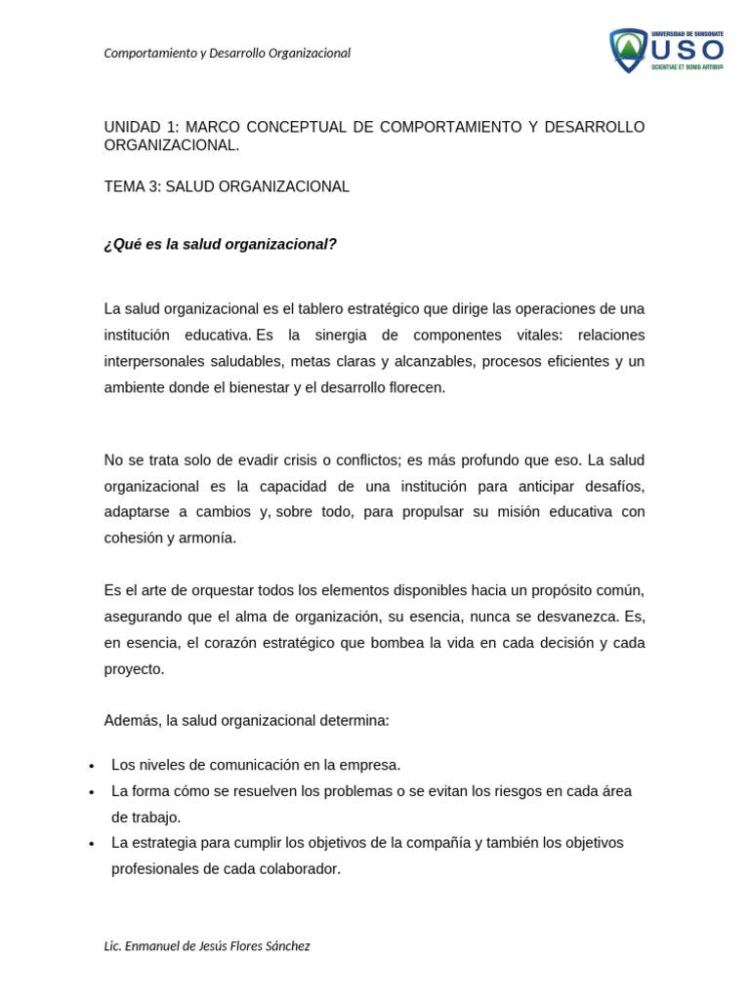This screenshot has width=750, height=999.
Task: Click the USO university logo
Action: [667, 50]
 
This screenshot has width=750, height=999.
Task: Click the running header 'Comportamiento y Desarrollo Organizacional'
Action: [227, 54]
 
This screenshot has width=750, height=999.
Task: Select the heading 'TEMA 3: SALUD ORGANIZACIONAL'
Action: [227, 186]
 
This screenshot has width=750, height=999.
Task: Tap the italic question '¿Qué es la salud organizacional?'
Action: [220, 244]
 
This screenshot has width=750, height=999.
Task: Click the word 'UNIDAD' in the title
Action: [134, 127]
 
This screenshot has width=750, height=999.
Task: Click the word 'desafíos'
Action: [615, 486]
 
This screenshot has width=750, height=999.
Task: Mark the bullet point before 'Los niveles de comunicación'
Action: [91, 766]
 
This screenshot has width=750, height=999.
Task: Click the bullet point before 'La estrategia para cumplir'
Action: [91, 844]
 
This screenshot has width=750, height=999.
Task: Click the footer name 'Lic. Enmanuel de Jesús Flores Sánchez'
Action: [207, 946]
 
